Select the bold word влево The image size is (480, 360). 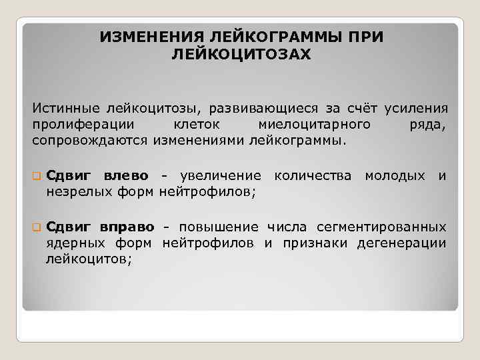[x=126, y=176]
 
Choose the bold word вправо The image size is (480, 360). [x=129, y=227]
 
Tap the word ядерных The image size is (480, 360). [x=70, y=243]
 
